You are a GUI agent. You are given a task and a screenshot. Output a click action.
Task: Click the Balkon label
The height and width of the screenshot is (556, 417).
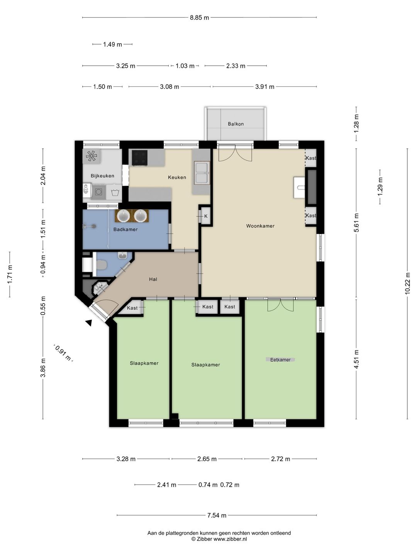[x=236, y=124]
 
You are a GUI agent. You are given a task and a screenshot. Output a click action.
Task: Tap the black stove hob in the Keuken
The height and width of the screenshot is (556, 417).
[x=139, y=158]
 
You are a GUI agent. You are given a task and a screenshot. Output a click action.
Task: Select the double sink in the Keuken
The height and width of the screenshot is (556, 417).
[x=202, y=173]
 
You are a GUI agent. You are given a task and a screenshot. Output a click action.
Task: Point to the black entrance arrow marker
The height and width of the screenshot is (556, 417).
[x=88, y=323]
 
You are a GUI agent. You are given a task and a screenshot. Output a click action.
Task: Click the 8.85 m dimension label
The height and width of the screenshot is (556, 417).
[x=200, y=18]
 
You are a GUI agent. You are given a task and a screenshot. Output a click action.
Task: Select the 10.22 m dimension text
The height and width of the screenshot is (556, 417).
[x=407, y=283]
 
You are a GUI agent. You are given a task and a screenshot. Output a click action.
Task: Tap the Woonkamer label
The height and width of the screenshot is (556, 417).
[x=260, y=226]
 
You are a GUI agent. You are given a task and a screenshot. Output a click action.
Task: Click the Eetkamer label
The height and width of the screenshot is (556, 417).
[x=280, y=360]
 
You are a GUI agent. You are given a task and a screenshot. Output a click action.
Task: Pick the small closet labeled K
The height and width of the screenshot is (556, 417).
[x=206, y=216]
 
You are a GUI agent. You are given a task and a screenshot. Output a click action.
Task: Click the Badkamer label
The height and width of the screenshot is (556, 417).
[x=125, y=229]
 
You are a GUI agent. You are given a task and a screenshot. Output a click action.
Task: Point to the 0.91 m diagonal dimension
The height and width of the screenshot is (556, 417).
[x=63, y=353]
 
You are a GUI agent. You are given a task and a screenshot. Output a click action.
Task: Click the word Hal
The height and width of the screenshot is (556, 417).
[x=153, y=279]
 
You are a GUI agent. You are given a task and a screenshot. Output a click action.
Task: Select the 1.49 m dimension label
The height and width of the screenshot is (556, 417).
[x=112, y=44]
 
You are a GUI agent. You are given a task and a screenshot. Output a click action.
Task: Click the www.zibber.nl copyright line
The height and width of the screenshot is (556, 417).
[x=219, y=539]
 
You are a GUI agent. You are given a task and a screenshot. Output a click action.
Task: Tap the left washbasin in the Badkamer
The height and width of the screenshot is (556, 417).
[x=123, y=216]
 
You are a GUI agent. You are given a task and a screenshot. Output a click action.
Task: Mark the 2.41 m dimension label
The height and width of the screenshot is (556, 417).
[x=166, y=485]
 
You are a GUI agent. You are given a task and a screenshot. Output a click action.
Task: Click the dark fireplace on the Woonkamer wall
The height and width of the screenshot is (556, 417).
[x=311, y=187]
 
